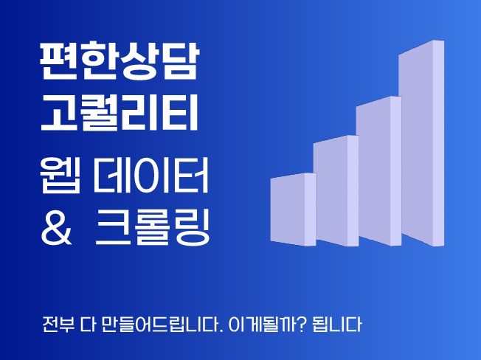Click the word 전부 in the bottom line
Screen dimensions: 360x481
(58, 325)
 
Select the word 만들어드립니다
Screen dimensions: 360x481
(163, 325)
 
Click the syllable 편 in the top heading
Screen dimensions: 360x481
(56, 63)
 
